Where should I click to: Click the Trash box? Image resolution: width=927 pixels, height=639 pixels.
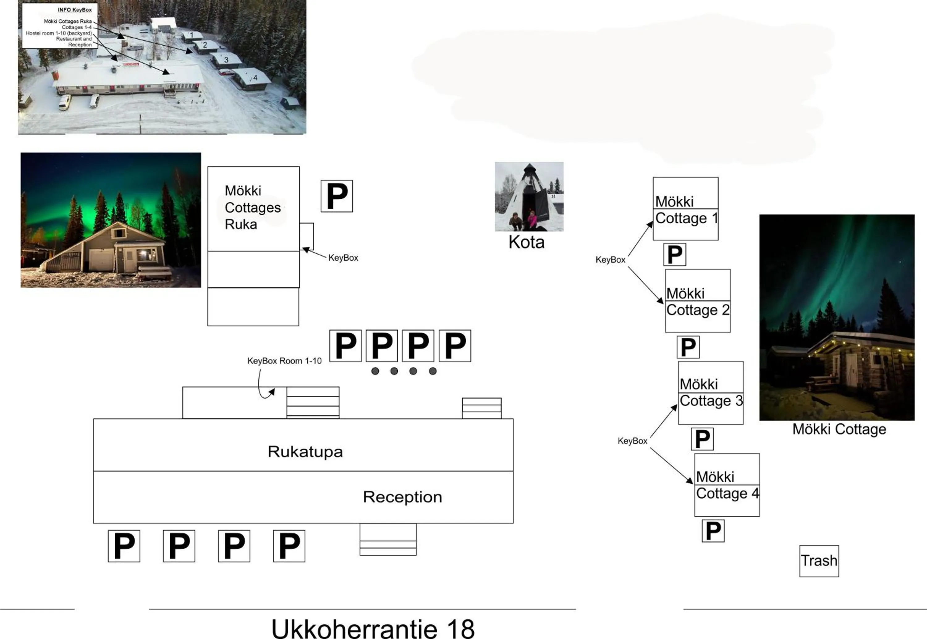(x=819, y=561)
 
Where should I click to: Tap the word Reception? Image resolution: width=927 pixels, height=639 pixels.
(x=402, y=497)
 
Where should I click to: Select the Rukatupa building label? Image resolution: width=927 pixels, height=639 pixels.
(x=305, y=452)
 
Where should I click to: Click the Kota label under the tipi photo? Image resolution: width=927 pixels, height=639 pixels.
(x=526, y=242)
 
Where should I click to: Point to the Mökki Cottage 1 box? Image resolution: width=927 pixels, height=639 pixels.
(x=686, y=209)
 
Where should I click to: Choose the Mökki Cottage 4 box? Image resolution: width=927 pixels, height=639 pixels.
(x=727, y=485)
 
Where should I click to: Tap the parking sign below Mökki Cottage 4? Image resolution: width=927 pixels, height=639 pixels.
(x=713, y=531)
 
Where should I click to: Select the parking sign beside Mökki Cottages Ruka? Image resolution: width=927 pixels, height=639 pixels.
(x=337, y=196)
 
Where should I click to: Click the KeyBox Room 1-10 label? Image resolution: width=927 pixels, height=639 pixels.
(x=284, y=361)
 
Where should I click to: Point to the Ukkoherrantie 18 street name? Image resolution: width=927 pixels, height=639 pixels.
(x=373, y=628)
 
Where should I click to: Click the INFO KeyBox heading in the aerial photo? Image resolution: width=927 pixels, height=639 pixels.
(x=74, y=10)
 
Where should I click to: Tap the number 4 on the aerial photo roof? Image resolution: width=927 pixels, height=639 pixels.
(x=255, y=78)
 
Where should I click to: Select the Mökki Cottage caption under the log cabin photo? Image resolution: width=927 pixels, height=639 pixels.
(x=839, y=429)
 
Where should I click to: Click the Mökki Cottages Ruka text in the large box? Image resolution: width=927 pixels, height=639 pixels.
(x=252, y=207)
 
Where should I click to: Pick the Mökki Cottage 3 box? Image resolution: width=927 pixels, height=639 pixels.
(x=710, y=393)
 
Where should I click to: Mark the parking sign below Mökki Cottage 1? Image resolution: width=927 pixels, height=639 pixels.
(x=675, y=254)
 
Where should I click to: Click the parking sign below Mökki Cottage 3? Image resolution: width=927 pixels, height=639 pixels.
(x=702, y=439)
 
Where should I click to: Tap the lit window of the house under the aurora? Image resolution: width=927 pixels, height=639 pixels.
(x=146, y=254)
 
